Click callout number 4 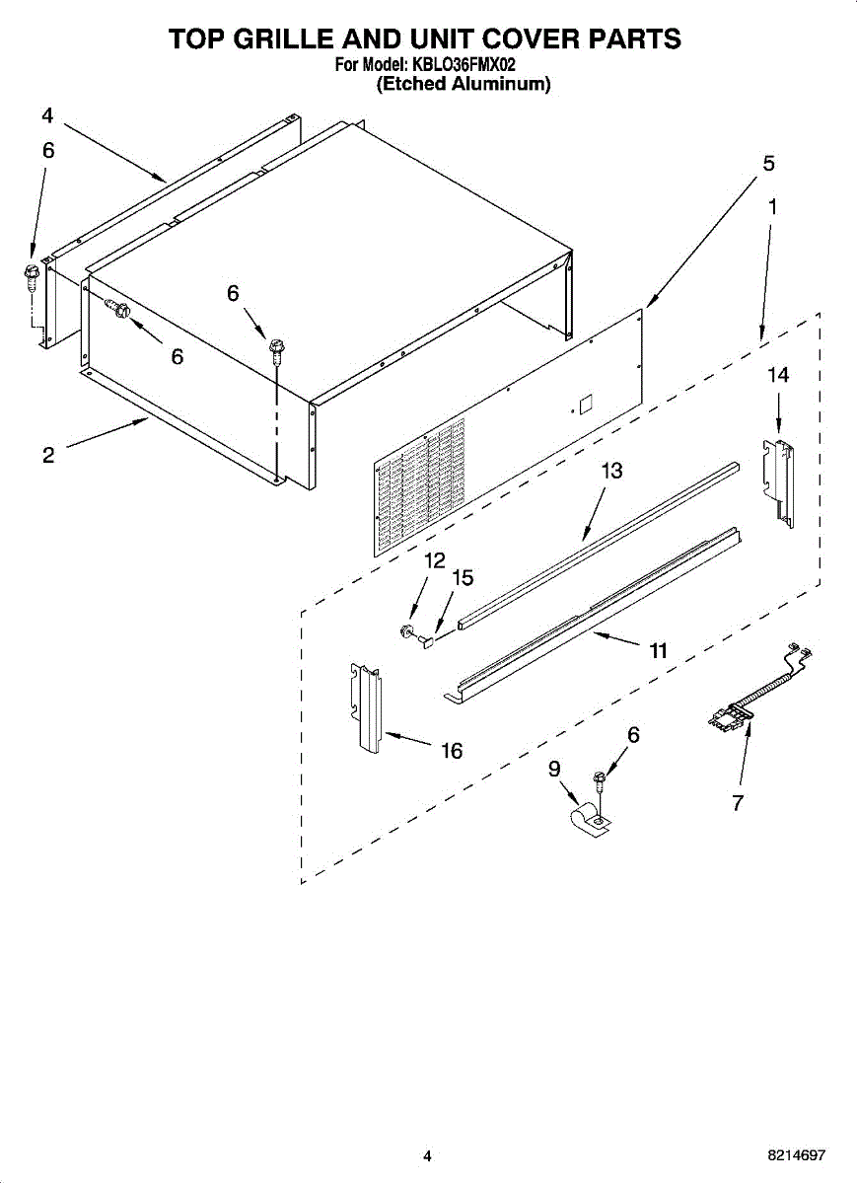tap(47, 115)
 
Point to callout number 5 tap(769, 164)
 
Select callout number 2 tap(48, 455)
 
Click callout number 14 tap(778, 375)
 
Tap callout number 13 tap(611, 470)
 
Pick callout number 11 tap(658, 650)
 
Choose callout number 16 tap(452, 750)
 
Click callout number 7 tap(738, 802)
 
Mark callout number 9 tap(553, 769)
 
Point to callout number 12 tap(435, 560)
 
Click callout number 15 tap(463, 578)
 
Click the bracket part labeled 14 tap(779, 482)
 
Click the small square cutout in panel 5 tap(586, 406)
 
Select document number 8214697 tap(796, 1155)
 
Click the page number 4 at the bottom tap(427, 1155)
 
